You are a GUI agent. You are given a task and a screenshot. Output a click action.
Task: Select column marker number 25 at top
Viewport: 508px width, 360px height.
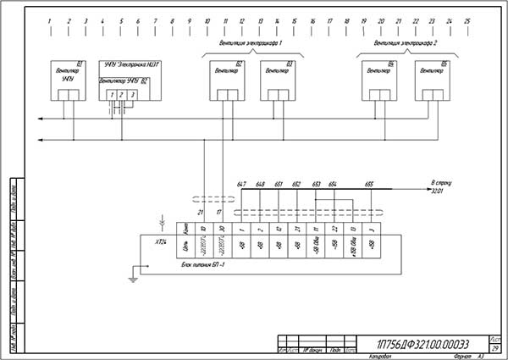click(x=467, y=20)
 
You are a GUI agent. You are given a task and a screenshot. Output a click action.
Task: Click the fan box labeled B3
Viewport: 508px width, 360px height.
click(x=278, y=80)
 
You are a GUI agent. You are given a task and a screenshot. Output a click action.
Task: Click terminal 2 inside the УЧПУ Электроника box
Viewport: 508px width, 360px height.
click(x=121, y=94)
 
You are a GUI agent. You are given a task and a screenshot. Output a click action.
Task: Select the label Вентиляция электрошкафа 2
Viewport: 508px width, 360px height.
click(x=406, y=42)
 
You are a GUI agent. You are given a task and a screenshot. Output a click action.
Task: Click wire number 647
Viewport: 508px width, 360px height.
click(x=241, y=184)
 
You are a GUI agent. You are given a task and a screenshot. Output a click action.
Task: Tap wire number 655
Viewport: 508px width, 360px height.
click(x=369, y=184)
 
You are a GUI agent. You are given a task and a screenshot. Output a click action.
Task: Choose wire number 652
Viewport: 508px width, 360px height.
click(x=296, y=184)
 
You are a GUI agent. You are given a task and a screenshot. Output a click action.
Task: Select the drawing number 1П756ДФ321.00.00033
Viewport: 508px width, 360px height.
click(x=420, y=343)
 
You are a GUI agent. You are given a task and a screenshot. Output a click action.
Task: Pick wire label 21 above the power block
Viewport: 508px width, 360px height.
click(x=201, y=212)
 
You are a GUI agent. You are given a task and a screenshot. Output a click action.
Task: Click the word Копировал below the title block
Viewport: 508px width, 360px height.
click(x=382, y=356)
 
